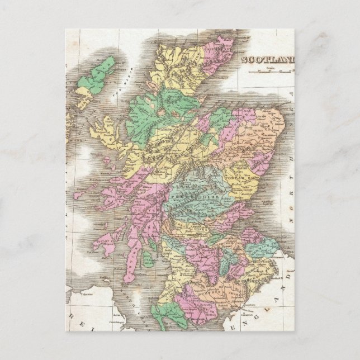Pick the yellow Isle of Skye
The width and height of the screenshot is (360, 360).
coord(102,132)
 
